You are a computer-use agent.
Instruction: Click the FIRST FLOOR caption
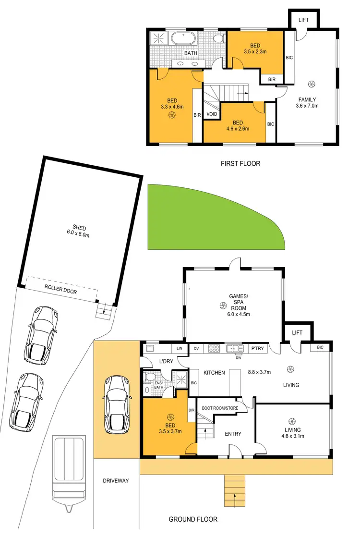click(240, 164)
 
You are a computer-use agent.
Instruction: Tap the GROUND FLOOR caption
click(193, 519)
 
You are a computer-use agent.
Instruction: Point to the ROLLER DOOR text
click(60, 292)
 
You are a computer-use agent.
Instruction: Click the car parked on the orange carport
click(115, 397)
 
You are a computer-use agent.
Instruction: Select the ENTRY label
click(232, 434)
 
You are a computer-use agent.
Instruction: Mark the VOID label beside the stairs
click(211, 114)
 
